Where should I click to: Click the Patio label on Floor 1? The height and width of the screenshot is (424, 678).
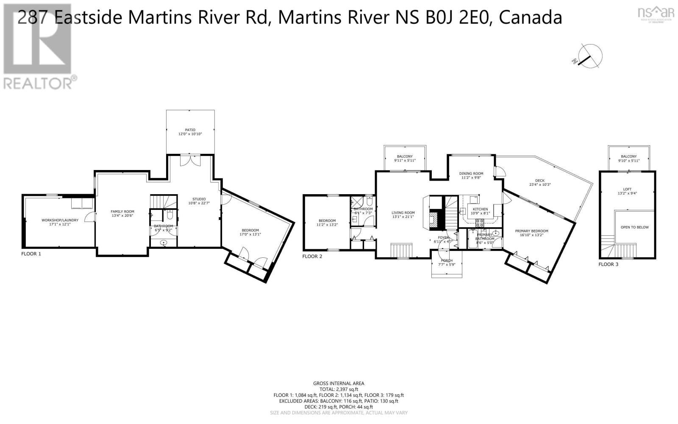pyautogui.click(x=190, y=130)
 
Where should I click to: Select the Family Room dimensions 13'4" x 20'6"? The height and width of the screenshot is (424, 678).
pyautogui.click(x=122, y=216)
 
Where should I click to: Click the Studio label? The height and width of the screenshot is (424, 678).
pyautogui.click(x=199, y=199)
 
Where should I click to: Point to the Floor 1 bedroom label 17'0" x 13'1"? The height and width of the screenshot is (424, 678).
pyautogui.click(x=250, y=232)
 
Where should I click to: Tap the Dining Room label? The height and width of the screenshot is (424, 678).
pyautogui.click(x=471, y=173)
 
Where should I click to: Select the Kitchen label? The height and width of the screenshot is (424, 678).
pyautogui.click(x=480, y=209)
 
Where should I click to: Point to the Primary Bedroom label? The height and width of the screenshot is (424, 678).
pyautogui.click(x=531, y=231)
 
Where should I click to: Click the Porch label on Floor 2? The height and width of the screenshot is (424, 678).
pyautogui.click(x=446, y=260)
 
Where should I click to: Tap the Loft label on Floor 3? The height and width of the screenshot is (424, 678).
pyautogui.click(x=627, y=189)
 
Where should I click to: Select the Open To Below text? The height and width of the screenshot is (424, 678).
pyautogui.click(x=634, y=227)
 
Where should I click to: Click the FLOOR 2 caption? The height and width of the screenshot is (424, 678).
pyautogui.click(x=313, y=256)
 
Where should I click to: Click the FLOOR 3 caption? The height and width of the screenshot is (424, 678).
pyautogui.click(x=609, y=264)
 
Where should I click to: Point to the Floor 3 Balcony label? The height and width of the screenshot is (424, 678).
pyautogui.click(x=628, y=156)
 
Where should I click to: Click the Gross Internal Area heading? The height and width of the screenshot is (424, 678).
pyautogui.click(x=339, y=383)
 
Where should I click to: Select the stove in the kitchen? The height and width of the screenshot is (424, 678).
pyautogui.click(x=480, y=222)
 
